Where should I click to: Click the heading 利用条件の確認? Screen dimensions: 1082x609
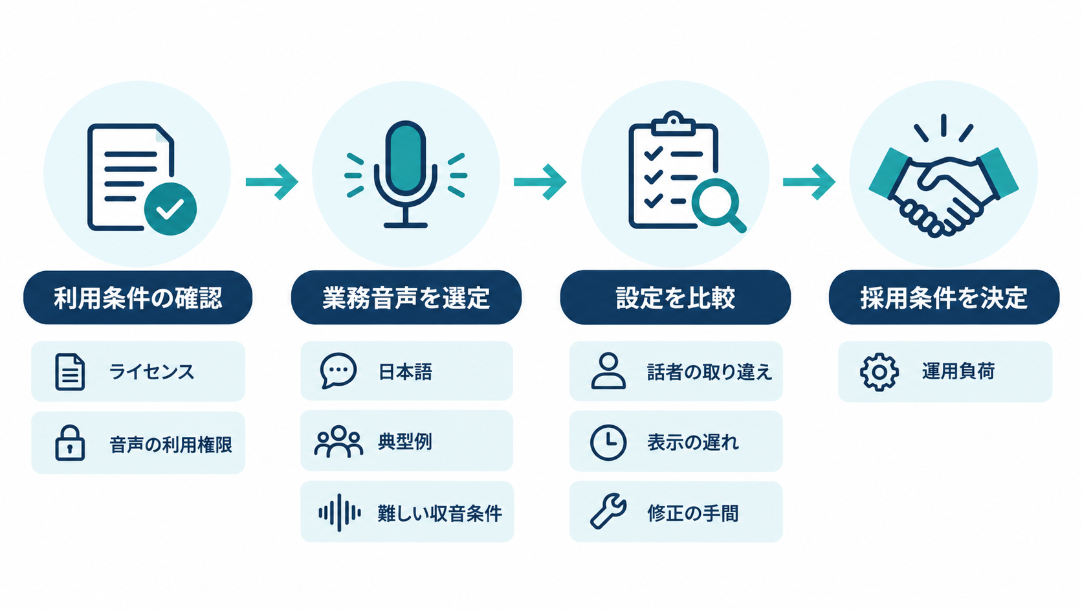coord(138,298)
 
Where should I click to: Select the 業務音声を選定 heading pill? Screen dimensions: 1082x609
coord(406,298)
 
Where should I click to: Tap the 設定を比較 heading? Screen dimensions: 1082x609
coord(676,298)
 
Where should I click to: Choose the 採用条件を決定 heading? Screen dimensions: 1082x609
coord(944,298)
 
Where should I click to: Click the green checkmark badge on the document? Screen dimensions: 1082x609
coord(170,209)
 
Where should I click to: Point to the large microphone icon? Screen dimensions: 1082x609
coord(406,174)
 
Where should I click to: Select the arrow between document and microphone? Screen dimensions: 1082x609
coord(272,182)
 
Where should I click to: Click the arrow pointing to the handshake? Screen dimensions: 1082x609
coord(809,182)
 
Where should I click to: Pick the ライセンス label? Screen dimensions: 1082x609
coord(151,372)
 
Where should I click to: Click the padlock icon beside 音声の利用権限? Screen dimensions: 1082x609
coord(70,443)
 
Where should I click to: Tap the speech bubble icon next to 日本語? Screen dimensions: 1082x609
coord(338,371)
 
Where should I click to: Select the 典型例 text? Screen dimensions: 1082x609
coord(405,441)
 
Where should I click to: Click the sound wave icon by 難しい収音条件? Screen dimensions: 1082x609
coord(340,513)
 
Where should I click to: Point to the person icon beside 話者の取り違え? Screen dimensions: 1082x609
coord(608,371)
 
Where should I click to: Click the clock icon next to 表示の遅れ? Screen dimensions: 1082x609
coord(608,443)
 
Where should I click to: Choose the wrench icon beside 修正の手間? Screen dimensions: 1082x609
coord(608,512)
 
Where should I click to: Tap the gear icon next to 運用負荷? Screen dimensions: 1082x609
coord(879,372)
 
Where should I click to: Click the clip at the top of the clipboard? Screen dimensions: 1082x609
coord(674,123)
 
